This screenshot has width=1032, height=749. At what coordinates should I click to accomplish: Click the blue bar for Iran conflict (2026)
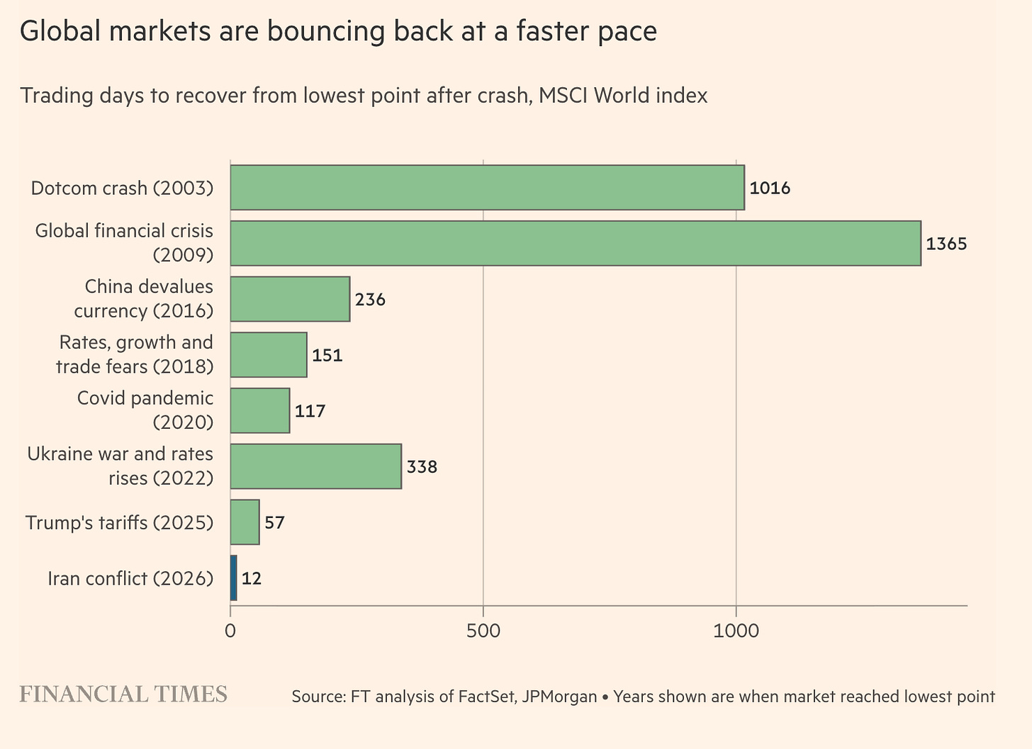coord(234,578)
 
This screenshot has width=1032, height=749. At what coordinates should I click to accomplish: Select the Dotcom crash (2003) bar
coord(488,188)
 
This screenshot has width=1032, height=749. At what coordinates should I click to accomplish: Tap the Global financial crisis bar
coord(576,243)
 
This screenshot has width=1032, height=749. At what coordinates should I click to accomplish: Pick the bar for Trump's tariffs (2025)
coord(245,522)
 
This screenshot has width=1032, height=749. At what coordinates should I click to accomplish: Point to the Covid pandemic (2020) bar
coord(260,410)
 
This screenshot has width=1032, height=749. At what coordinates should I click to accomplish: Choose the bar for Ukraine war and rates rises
coord(316,466)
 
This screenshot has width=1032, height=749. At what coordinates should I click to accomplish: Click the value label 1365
coord(946,244)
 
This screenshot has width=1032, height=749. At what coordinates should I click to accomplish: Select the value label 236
coord(370,300)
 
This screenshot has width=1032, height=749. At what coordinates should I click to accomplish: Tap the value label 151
coord(327,355)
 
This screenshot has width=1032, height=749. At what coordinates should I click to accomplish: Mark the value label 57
coord(274,522)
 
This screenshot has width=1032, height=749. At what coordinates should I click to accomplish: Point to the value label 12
coord(252,578)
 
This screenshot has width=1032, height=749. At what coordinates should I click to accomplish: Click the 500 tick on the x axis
coord(483,631)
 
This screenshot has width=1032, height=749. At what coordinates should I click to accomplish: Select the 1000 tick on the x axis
coord(736,631)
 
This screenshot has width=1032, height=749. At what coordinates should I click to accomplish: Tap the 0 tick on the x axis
coord(230,631)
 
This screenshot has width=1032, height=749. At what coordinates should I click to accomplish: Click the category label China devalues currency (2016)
coord(144,298)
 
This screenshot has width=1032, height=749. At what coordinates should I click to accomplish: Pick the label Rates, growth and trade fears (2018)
coord(135,354)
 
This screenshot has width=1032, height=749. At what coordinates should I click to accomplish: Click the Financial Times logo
coord(123,694)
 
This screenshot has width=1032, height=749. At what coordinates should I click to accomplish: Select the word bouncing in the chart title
coord(326,32)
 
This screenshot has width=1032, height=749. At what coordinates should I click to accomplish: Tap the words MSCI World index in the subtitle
coord(623,96)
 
